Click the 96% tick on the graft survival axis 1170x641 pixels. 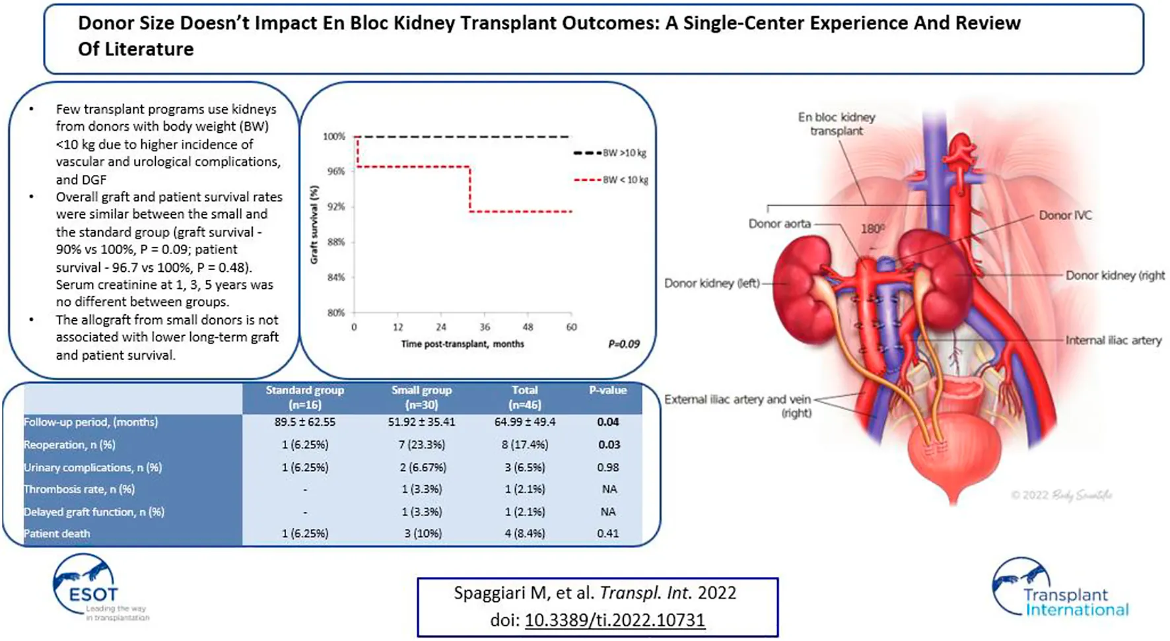335,172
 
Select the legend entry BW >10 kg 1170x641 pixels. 623,153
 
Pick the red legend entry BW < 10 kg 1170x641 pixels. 625,180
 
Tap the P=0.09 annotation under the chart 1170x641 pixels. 623,344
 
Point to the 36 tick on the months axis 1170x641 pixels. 485,327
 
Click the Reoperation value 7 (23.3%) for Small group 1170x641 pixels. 421,445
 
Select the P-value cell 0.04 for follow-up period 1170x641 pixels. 607,422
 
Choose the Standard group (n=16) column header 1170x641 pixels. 304,397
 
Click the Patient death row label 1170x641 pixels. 57,533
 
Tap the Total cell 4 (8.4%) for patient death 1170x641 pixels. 525,533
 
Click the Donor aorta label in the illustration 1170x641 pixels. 779,224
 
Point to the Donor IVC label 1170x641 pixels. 1065,215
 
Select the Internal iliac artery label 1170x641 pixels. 1113,341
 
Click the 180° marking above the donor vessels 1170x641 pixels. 872,229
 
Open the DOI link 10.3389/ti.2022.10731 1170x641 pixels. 615,620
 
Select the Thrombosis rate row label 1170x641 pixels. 79,489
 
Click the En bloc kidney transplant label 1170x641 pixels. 837,124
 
